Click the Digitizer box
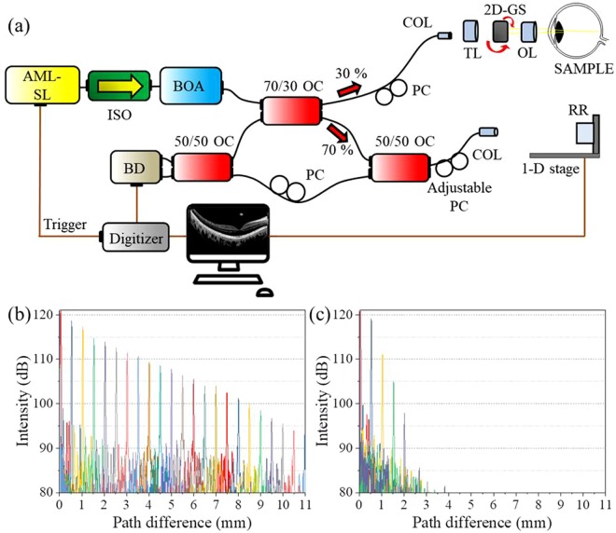pyautogui.click(x=136, y=239)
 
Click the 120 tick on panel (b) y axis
pyautogui.click(x=46, y=315)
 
